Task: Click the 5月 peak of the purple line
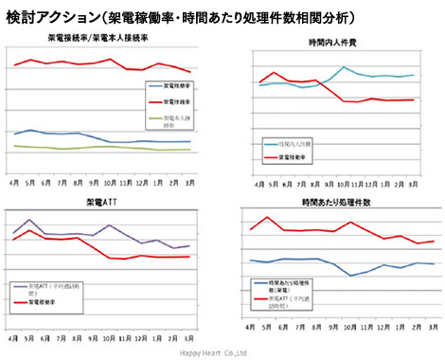(31, 220)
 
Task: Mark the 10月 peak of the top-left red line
(111, 59)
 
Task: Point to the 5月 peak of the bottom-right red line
(268, 217)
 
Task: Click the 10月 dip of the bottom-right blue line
(349, 276)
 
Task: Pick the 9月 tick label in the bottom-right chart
(330, 327)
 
